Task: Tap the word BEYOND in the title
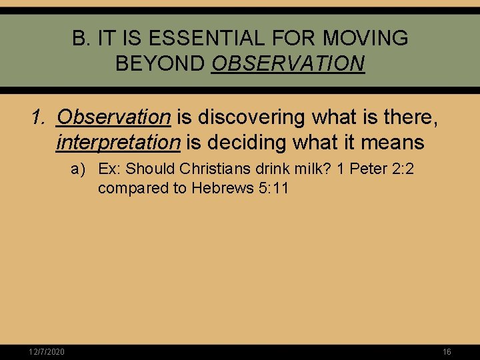click(x=160, y=64)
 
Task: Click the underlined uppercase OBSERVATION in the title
click(x=288, y=64)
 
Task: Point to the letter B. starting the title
click(x=81, y=39)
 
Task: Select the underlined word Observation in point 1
click(x=114, y=117)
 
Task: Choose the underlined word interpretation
click(x=119, y=142)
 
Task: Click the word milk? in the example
click(x=309, y=169)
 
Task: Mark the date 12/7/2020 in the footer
click(x=47, y=351)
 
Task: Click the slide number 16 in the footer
click(x=447, y=351)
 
